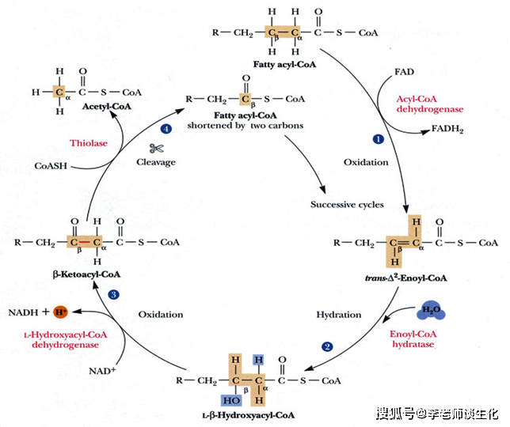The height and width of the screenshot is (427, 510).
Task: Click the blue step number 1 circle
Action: (x=378, y=139)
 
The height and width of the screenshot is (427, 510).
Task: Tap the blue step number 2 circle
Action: (x=327, y=347)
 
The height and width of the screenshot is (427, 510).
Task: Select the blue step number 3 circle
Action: (x=113, y=295)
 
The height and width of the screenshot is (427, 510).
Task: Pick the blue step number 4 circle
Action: (x=166, y=129)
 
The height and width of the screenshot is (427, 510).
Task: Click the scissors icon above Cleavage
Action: (x=156, y=149)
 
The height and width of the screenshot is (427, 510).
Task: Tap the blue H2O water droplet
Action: (x=431, y=311)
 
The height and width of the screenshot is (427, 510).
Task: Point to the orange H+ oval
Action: (x=60, y=312)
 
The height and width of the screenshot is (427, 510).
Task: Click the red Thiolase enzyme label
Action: (x=89, y=143)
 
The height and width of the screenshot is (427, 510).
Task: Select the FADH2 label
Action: (x=447, y=129)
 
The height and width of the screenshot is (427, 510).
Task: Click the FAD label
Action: (x=405, y=72)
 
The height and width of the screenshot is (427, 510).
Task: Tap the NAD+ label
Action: (x=102, y=371)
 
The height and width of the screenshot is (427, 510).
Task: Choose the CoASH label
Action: (x=51, y=166)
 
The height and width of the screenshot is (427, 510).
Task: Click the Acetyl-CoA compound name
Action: (x=107, y=107)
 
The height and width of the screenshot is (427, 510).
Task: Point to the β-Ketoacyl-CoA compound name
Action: (x=86, y=274)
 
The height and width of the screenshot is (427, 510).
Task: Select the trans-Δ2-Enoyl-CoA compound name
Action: (x=406, y=278)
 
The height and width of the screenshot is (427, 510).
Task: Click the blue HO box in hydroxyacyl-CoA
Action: (x=231, y=401)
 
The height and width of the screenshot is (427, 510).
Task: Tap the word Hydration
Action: (x=339, y=315)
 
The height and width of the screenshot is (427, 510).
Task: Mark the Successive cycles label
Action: (x=347, y=205)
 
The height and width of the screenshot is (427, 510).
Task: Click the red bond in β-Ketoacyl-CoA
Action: (x=86, y=243)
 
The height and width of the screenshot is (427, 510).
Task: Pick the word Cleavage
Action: (x=156, y=162)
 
